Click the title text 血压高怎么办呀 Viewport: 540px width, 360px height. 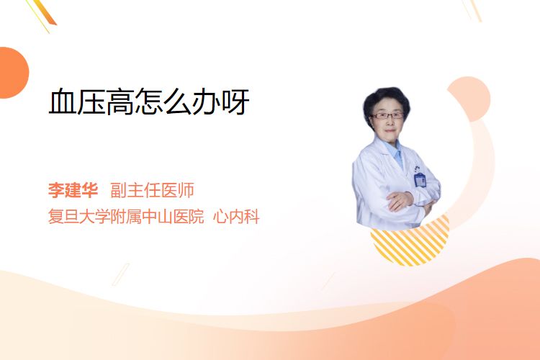149,102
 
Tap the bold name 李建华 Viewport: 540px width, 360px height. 73,190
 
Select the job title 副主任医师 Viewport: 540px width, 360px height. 152,190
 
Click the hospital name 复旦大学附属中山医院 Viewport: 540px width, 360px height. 126,216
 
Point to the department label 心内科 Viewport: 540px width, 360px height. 236,216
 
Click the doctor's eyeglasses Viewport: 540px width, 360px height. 387,115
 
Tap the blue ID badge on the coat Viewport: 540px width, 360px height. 420,180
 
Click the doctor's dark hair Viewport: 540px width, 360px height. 387,98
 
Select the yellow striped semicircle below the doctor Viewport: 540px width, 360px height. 410,243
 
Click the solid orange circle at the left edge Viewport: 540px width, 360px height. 12,73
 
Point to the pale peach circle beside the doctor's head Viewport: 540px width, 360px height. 470,98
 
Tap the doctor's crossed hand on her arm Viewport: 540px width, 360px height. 400,200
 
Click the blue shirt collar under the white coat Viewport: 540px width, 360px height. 396,151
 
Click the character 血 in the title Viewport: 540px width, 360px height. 63,102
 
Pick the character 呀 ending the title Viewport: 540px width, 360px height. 235,102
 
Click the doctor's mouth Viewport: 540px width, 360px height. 390,131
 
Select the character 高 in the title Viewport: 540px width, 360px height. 120,102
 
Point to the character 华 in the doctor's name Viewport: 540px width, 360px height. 90,190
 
